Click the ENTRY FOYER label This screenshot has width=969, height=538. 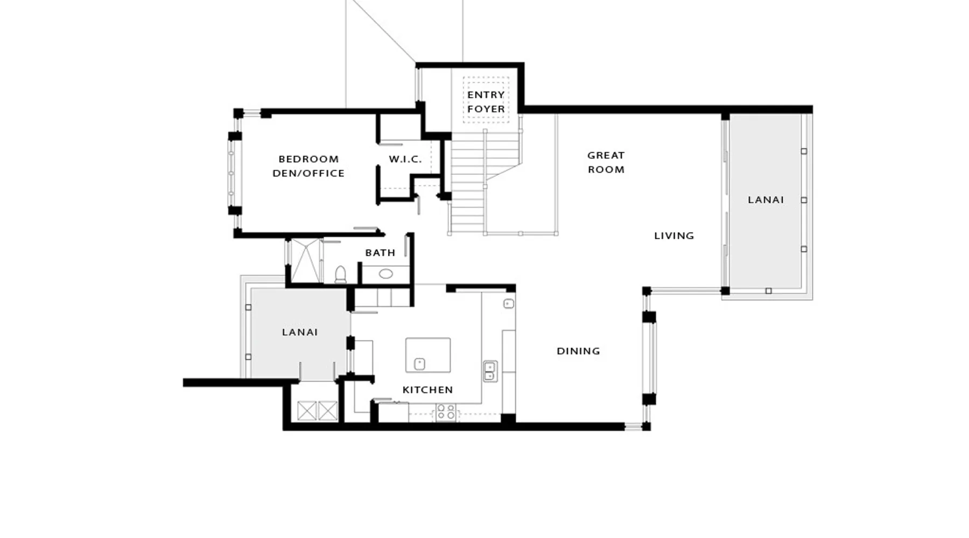coord(486,102)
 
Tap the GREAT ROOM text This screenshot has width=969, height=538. coord(606,162)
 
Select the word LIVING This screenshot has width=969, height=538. coord(674,236)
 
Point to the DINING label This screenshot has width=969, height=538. coord(578,351)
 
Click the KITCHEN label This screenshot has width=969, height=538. coord(427,390)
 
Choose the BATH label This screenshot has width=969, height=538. coord(380,253)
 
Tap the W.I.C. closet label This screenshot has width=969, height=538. coord(405,159)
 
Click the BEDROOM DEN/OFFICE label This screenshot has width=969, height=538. coord(308,166)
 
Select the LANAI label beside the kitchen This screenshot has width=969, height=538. coord(300,332)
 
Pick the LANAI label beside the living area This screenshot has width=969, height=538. coord(766,200)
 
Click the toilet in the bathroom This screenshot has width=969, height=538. coord(340,274)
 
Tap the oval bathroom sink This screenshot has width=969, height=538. coord(385,274)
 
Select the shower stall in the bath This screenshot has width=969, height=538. coord(306,261)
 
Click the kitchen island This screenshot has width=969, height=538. coord(428,355)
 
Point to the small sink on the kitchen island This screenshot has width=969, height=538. coord(419,364)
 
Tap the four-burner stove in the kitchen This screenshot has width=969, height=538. coord(446,412)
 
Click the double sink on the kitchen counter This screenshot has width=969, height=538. coord(490,371)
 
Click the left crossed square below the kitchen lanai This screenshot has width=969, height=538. coord(307,411)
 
